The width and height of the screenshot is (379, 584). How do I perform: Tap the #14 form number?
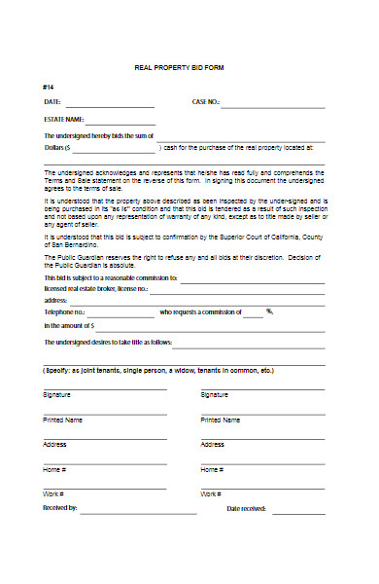coord(48,87)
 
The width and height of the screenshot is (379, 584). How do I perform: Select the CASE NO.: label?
coord(206,101)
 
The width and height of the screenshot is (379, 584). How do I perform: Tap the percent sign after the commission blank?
coord(270,311)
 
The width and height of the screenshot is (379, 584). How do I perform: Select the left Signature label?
coord(56,394)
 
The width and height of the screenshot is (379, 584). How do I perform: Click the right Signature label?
coord(214,394)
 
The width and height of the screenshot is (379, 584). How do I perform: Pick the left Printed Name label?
coord(62,420)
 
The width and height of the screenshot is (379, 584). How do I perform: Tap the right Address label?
coord(213,444)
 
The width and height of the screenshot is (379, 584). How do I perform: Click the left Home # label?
coord(53,469)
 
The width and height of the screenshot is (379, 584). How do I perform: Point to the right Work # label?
coord(211,494)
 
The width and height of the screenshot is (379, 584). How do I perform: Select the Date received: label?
coord(246,508)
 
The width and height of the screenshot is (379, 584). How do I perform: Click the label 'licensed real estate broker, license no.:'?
coord(95,289)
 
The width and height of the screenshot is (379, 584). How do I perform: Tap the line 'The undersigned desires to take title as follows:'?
coord(107,343)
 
